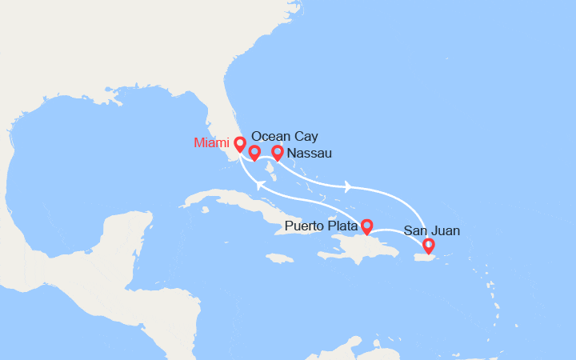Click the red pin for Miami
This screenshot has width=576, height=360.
click(x=239, y=145)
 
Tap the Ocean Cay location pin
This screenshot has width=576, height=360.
click(x=254, y=152)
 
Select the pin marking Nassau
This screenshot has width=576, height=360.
click(x=278, y=152)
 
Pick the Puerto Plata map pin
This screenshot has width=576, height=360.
click(x=366, y=226)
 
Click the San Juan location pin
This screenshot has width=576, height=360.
click(x=429, y=246)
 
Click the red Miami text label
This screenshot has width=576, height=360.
click(x=211, y=143)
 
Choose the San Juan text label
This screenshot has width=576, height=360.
click(x=431, y=230)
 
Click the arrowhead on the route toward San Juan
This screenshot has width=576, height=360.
click(x=349, y=187)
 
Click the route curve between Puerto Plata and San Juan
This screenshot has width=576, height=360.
click(x=398, y=234)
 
